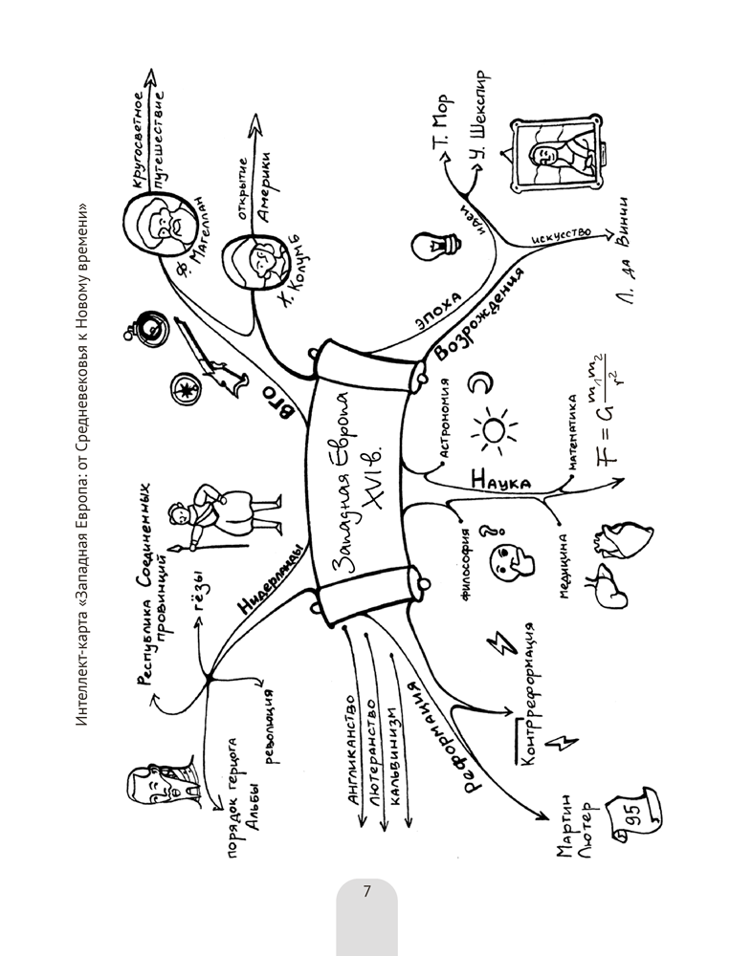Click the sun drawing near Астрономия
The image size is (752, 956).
497,431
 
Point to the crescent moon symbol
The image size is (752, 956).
479,384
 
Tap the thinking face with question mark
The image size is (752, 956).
507,556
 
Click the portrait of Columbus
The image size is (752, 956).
256,261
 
